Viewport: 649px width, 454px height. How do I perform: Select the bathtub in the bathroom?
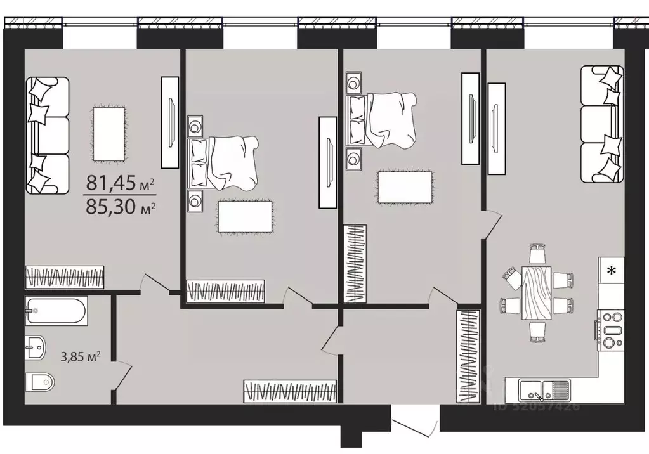coord(56,311)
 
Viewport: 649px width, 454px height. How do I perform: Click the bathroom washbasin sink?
coord(37,346)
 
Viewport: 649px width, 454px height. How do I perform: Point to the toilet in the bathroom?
coord(40,382)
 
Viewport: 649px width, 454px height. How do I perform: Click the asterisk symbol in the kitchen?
coord(612,271)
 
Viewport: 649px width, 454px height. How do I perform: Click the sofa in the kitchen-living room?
coord(601,124)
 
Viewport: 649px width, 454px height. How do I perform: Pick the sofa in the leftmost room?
coord(46,135)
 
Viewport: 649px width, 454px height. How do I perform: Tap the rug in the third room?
coord(405,188)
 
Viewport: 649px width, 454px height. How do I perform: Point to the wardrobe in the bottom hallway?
coord(290,391)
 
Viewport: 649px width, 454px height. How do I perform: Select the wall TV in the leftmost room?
coord(170,122)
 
